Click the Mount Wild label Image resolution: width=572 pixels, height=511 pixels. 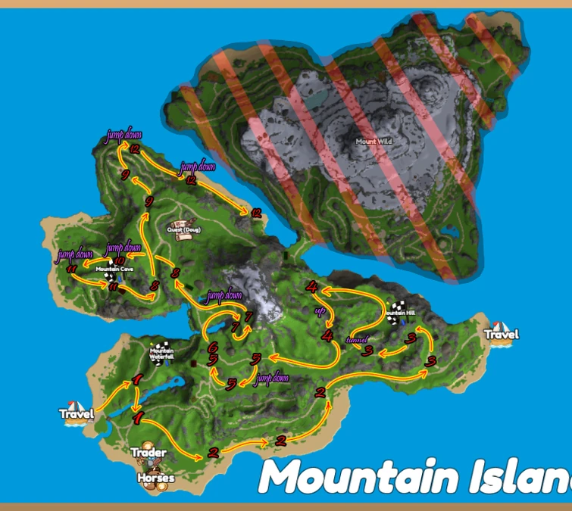(x=374, y=141)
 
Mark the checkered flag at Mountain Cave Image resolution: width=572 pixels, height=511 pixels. (x=111, y=276)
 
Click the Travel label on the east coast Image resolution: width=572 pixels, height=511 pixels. (x=502, y=334)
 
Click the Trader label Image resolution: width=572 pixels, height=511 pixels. (x=148, y=453)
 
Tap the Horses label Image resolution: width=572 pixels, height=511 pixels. (x=156, y=478)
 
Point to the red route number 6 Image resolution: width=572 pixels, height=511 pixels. (x=213, y=346)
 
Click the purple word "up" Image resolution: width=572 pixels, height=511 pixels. (x=319, y=311)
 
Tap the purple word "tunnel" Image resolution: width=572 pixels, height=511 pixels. (x=356, y=339)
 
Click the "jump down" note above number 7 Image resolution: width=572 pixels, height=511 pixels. (x=224, y=295)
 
